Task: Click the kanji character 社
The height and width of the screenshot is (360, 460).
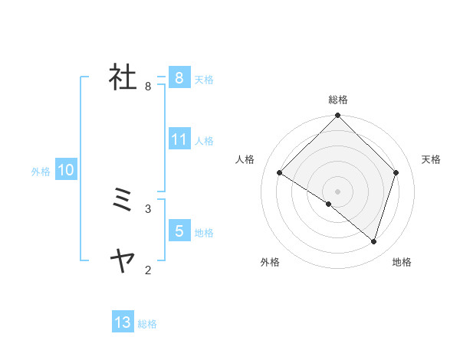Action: (x=123, y=78)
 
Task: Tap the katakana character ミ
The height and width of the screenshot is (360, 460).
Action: (x=123, y=201)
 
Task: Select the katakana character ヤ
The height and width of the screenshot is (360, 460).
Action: (x=123, y=262)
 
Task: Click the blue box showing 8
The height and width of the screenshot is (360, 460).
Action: (x=179, y=78)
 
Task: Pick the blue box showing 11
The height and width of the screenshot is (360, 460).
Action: (x=179, y=139)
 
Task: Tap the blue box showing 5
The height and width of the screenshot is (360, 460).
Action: (x=179, y=231)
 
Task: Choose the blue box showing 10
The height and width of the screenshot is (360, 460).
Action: (x=66, y=170)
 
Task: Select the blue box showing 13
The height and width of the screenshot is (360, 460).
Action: (x=123, y=322)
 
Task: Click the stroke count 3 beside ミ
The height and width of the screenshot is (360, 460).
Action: (x=148, y=208)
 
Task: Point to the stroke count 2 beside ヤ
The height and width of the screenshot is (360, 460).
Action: (x=148, y=270)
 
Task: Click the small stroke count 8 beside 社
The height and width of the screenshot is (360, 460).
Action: (x=148, y=87)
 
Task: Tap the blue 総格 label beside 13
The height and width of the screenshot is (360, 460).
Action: (x=147, y=324)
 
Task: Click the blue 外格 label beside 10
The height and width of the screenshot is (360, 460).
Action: (x=41, y=172)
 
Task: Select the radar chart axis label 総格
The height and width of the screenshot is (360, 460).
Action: (x=338, y=100)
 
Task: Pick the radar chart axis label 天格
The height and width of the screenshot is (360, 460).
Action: (x=432, y=159)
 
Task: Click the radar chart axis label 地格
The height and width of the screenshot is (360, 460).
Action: (x=402, y=263)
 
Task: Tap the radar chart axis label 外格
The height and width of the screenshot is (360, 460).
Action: (x=270, y=263)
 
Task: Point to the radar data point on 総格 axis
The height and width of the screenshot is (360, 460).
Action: (x=338, y=116)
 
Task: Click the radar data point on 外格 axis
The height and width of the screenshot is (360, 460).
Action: (x=329, y=204)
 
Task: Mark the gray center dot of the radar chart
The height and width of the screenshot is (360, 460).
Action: (x=338, y=191)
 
